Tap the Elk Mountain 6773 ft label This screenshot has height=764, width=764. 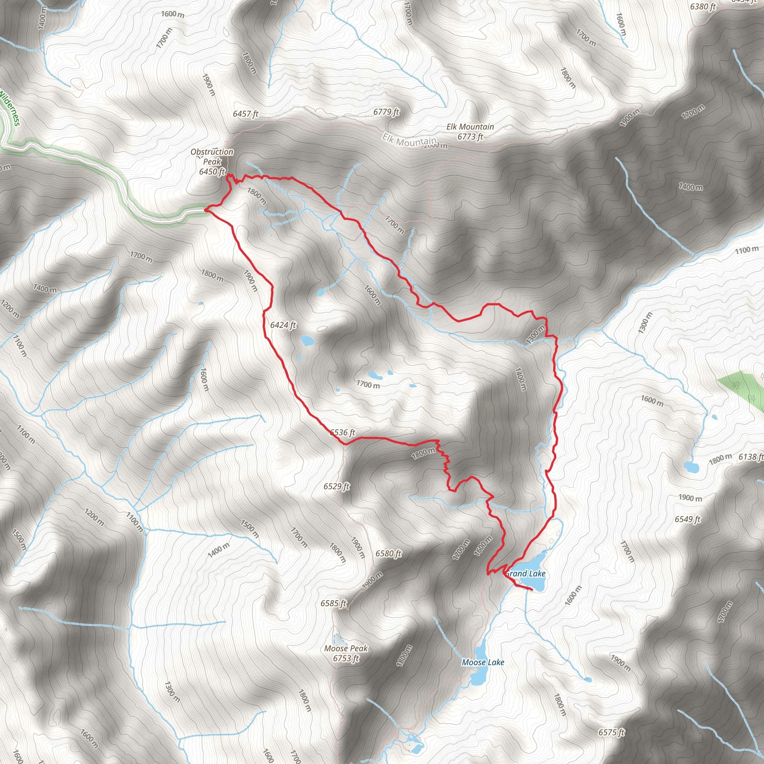coord(470,132)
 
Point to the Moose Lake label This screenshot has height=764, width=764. coord(483,662)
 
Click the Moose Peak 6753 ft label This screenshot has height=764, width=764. coord(346,653)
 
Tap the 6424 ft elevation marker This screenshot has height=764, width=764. coord(283,325)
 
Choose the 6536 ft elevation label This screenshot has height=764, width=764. coord(343,432)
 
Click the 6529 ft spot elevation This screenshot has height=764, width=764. coord(336,486)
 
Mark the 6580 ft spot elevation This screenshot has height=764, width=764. coord(388,554)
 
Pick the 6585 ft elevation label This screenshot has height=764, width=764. coord(334,604)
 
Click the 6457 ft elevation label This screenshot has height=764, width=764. coord(245,114)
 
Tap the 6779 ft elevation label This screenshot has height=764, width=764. coord(386,112)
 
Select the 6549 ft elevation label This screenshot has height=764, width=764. coord(688,519)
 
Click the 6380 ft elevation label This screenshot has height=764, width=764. coord(703,7)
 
